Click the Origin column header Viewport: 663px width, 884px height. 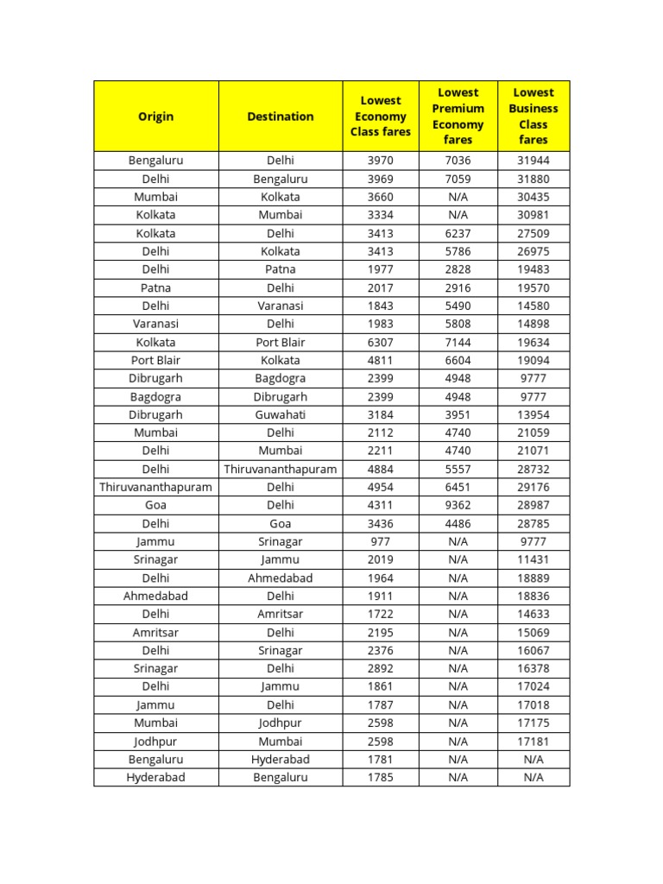point(155,117)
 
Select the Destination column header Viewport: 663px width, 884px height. point(281,117)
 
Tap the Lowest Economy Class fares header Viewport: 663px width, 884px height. point(380,117)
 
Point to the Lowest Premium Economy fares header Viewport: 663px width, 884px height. point(458,116)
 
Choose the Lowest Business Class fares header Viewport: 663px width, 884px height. point(534,116)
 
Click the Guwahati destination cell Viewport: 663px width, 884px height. point(281,414)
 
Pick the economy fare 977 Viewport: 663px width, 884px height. point(380,541)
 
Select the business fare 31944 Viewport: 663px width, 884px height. point(534,161)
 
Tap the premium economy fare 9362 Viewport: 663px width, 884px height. point(458,505)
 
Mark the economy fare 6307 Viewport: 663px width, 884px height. point(380,342)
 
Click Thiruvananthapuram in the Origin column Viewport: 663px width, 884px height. point(155,487)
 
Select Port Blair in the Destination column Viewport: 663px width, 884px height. point(281,342)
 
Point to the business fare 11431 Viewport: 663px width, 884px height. point(534,559)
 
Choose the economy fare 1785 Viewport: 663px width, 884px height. point(380,777)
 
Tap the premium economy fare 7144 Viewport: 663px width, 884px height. point(458,342)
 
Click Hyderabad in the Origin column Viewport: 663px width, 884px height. point(155,777)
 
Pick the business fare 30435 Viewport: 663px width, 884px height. point(534,197)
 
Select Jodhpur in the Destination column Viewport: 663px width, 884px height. point(281,723)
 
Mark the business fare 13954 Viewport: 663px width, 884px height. point(534,414)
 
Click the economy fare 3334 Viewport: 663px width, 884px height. point(380,215)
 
